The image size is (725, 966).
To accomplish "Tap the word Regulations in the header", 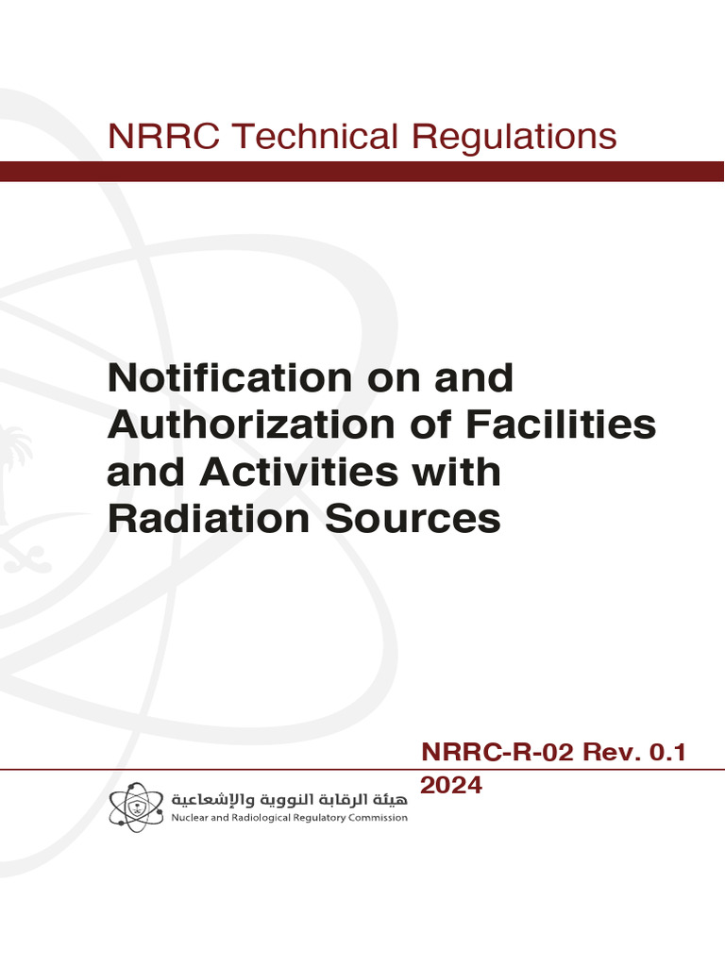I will pyautogui.click(x=515, y=137).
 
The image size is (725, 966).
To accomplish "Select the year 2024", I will pyautogui.click(x=451, y=784).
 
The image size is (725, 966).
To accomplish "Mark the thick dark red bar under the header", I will pyautogui.click(x=362, y=171).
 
